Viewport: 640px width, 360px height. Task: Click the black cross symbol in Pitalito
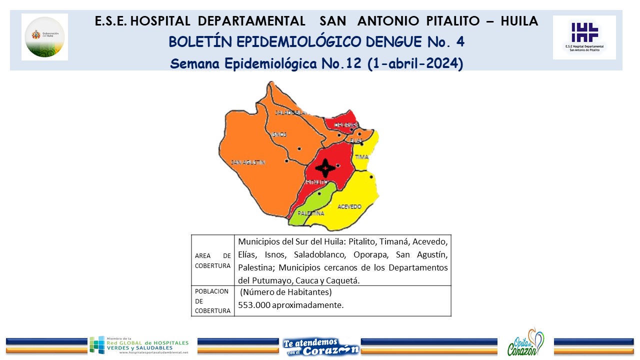[x=325, y=168]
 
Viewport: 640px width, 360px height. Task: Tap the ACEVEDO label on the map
[x=349, y=206]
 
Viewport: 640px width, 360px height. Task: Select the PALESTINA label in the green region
[x=310, y=213]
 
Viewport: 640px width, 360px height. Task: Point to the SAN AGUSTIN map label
[x=248, y=162]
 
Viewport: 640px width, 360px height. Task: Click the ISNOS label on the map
[x=279, y=134]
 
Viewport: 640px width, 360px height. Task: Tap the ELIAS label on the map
[x=356, y=141]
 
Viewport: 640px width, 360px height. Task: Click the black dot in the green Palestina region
[x=319, y=193]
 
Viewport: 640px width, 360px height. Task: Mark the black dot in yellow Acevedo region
[x=371, y=177]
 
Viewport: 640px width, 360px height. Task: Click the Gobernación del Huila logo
[x=45, y=36]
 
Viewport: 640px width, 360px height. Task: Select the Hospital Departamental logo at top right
[x=584, y=37]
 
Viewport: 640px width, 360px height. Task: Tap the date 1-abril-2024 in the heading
[x=414, y=64]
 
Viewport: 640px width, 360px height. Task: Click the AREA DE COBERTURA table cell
[x=212, y=260]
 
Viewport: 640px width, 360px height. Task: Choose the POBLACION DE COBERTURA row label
[x=212, y=301]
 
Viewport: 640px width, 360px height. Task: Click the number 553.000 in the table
[x=254, y=305]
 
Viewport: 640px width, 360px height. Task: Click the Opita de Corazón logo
[x=525, y=343]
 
